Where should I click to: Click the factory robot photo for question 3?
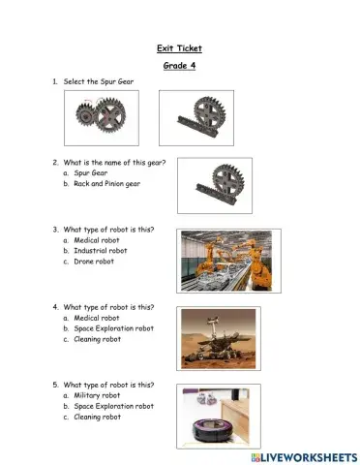click(229, 260)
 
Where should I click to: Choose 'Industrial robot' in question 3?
click(100, 250)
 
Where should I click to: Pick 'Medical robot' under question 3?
click(96, 239)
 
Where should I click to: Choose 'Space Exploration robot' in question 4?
click(113, 328)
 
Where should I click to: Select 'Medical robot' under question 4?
click(96, 318)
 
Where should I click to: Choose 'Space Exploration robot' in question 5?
click(113, 406)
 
